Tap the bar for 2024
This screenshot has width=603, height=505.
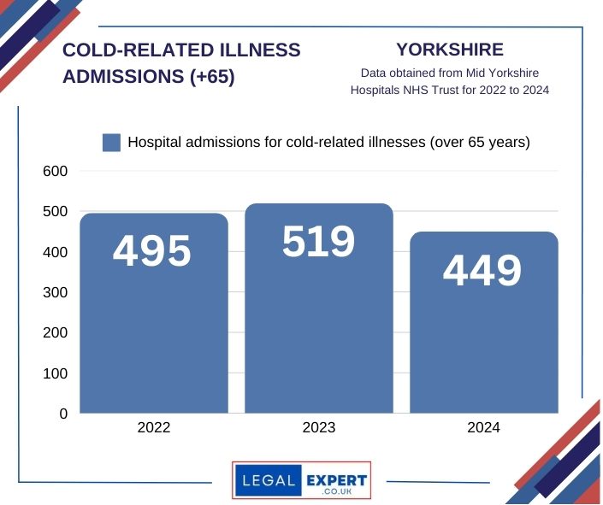pos(483,342)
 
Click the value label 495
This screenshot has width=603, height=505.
pos(152,251)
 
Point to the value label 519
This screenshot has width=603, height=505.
pos(318,242)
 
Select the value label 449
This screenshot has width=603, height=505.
pos(482,271)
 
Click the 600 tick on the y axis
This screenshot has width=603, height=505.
pos(55,172)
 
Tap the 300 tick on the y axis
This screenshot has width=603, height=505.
pos(55,293)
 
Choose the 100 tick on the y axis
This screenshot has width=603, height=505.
pos(55,374)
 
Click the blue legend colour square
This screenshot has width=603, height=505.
pos(111,143)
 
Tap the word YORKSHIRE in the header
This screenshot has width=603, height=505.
pos(450,50)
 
